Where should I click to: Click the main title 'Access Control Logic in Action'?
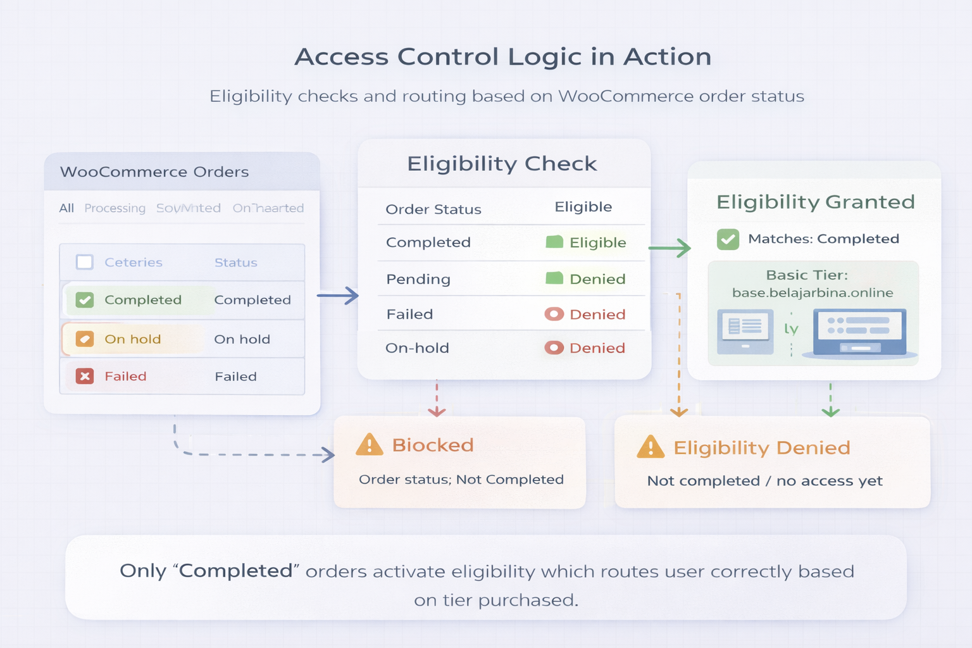[x=502, y=57]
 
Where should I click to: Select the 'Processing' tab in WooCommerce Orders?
[x=115, y=208]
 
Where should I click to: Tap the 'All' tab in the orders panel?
[x=66, y=208]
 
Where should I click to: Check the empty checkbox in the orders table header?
[x=84, y=262]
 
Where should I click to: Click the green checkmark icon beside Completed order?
[x=85, y=300]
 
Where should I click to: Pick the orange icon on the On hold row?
[x=85, y=339]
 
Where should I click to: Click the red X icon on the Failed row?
[x=85, y=377]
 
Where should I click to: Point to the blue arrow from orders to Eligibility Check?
[x=338, y=296]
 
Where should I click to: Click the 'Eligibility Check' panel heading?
[x=501, y=164]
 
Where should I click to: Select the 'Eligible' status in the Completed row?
[x=597, y=242]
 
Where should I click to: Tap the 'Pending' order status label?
[x=418, y=279]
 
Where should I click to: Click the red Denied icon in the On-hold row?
[x=554, y=347]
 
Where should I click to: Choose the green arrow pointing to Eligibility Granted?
[x=670, y=248]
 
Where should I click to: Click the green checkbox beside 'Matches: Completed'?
[x=728, y=239]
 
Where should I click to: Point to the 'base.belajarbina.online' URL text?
[x=813, y=293]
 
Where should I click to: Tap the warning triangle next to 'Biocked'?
[x=370, y=445]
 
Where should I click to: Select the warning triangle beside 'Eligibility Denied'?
[x=651, y=447]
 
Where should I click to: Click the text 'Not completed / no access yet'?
[x=764, y=481]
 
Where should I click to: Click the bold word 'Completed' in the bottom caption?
[x=235, y=571]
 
